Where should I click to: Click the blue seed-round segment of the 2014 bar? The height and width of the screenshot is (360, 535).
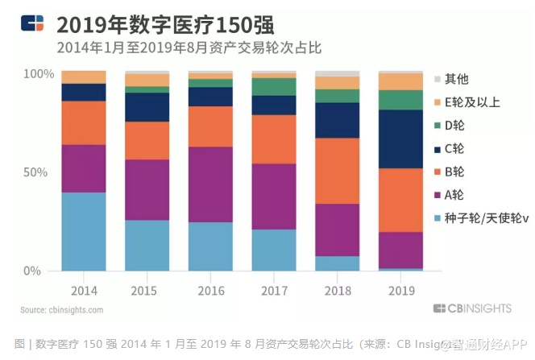(x=83, y=231)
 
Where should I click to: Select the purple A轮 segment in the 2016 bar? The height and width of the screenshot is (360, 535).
(x=209, y=184)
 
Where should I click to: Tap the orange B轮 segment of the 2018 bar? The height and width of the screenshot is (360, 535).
(x=337, y=171)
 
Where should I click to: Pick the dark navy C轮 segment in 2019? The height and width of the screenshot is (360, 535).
(x=400, y=139)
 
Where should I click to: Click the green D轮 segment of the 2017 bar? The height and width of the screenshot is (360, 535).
(x=273, y=86)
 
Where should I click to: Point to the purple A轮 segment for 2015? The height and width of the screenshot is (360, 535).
(x=147, y=189)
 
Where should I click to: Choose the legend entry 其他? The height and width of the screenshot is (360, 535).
(x=456, y=79)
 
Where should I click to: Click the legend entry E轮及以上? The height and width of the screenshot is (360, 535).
(x=471, y=102)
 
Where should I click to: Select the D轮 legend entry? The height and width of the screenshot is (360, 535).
(x=455, y=126)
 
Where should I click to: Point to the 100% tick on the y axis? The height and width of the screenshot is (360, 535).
(x=38, y=74)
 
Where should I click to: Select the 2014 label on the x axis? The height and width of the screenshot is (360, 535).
(x=83, y=288)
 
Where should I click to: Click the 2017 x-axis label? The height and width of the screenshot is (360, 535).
(x=273, y=288)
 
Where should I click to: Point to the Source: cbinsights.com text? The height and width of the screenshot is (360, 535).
(x=62, y=309)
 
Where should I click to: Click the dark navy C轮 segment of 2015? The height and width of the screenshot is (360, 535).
(x=147, y=107)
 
